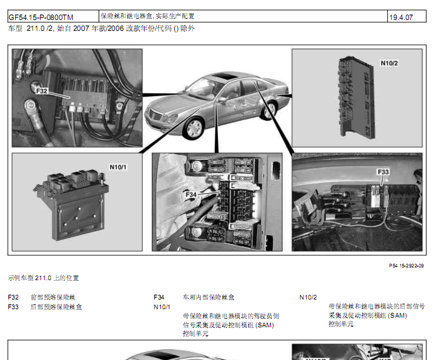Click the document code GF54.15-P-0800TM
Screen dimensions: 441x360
[x=41, y=18]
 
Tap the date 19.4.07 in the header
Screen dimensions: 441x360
[x=401, y=18]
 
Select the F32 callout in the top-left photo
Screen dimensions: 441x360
[x=42, y=91]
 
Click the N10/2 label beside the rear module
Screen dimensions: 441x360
[x=389, y=63]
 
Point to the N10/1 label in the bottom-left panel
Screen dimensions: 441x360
[x=118, y=167]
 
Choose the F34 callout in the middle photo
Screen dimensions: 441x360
[x=191, y=195]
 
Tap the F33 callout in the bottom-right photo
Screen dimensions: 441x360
[x=383, y=172]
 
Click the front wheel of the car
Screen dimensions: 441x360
[x=194, y=128]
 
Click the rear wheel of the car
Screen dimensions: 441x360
[x=269, y=111]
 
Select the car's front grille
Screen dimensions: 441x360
[x=155, y=116]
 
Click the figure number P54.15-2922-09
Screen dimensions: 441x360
[x=406, y=266]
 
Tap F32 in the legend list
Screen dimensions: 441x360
[x=13, y=297]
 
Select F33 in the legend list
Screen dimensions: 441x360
[x=13, y=307]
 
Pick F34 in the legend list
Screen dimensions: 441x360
[x=159, y=297]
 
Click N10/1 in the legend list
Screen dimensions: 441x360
[x=162, y=307]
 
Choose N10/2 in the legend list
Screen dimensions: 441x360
[x=308, y=297]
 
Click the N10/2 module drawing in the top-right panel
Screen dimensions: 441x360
[x=357, y=97]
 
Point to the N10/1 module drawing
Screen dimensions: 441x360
[x=71, y=205]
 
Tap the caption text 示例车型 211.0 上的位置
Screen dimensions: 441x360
[x=44, y=278]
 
